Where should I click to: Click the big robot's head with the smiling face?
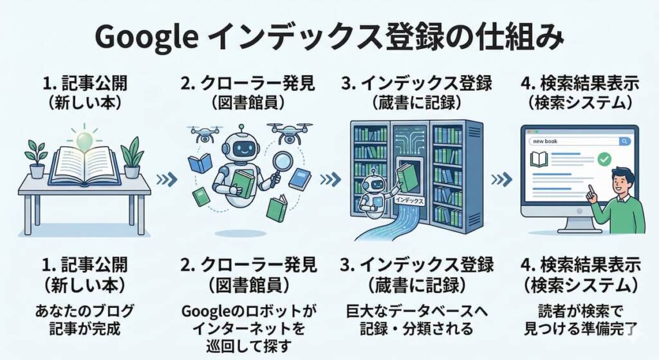pyautogui.click(x=244, y=147)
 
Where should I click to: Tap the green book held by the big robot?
pyautogui.click(x=243, y=183)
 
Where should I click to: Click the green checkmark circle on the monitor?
pyautogui.click(x=604, y=158)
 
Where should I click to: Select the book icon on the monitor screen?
pyautogui.click(x=539, y=158)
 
